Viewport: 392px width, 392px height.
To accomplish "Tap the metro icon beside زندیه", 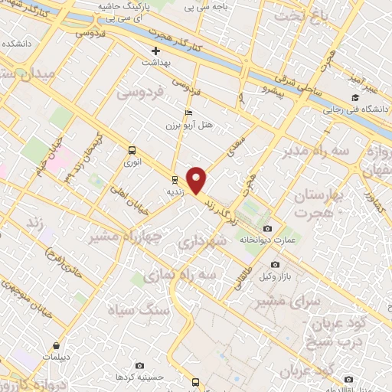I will pyautogui.click(x=175, y=181).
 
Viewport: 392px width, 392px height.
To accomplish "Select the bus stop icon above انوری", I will pyautogui.click(x=132, y=151).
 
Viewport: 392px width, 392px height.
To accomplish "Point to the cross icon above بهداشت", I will pyautogui.click(x=155, y=51).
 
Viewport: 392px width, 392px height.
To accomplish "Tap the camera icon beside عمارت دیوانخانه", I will pyautogui.click(x=266, y=228).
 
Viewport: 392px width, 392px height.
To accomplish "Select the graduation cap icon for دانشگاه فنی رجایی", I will pyautogui.click(x=354, y=98).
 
